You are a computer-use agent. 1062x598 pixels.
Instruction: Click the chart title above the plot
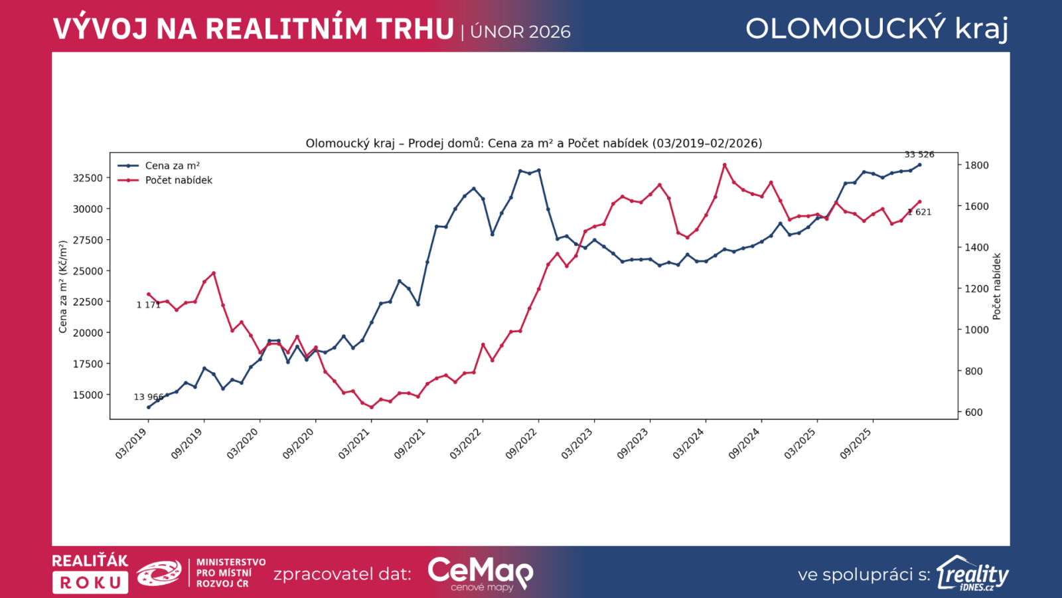click(x=534, y=144)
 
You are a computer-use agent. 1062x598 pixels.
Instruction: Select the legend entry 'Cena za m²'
click(x=172, y=166)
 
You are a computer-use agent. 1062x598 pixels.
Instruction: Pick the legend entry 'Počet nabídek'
click(x=179, y=180)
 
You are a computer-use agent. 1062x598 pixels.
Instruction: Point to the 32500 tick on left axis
click(x=88, y=178)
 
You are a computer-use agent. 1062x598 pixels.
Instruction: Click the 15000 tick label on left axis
click(x=88, y=395)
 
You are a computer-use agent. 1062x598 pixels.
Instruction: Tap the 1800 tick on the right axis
click(x=976, y=165)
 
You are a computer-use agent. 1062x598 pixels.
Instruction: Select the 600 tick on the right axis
click(x=974, y=413)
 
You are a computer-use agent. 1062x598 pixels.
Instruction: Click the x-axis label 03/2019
click(x=131, y=443)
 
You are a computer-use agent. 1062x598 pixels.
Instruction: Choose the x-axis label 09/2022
click(x=522, y=443)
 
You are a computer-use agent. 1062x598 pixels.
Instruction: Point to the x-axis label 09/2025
click(x=856, y=443)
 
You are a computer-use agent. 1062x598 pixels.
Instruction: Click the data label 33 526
click(x=919, y=155)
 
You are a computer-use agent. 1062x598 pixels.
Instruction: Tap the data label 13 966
click(x=149, y=397)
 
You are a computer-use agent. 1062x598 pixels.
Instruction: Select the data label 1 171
click(x=149, y=305)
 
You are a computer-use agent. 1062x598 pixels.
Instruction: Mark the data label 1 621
click(x=920, y=213)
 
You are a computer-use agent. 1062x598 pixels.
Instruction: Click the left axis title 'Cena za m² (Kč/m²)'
click(x=63, y=287)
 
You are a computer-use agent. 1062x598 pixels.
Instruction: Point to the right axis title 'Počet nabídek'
click(x=996, y=287)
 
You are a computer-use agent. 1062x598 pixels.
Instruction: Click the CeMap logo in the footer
click(x=480, y=573)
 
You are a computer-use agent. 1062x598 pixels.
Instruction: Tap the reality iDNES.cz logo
click(x=972, y=573)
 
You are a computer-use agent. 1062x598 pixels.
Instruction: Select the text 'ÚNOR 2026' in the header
click(x=520, y=32)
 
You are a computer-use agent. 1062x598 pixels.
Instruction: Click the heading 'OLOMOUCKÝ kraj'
click(x=877, y=29)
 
